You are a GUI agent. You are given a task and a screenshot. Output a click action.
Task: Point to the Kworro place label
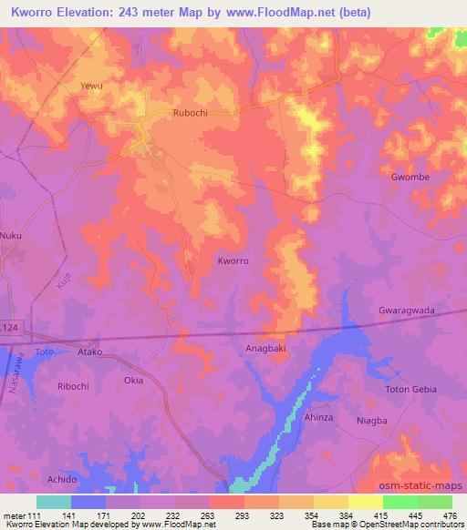(x=233, y=260)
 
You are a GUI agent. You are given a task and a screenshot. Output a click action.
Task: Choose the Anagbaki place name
(x=268, y=347)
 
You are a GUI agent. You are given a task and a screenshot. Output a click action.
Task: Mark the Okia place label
(x=133, y=381)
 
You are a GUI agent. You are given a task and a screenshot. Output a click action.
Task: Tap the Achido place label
(x=61, y=479)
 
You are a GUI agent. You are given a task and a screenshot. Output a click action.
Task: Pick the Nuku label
(x=11, y=236)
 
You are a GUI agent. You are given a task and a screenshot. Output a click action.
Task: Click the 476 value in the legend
(x=451, y=515)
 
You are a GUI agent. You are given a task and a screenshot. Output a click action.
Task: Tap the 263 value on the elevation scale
(x=192, y=515)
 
